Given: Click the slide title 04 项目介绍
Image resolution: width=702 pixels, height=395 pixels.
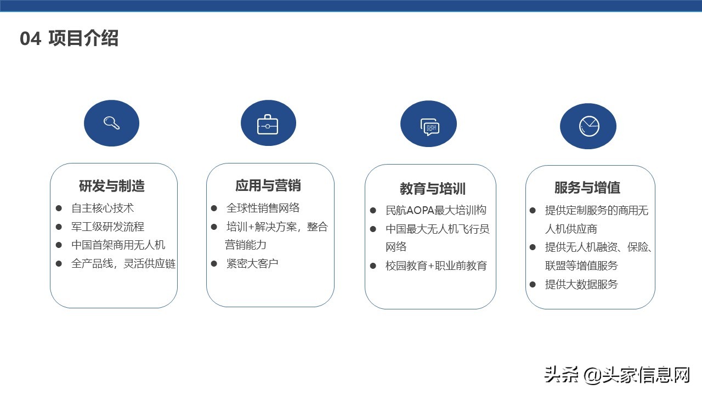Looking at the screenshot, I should click(x=69, y=39).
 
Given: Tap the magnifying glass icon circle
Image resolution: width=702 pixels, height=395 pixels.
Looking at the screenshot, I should click(x=111, y=123).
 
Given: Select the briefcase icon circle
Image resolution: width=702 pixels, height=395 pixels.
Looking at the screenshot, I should click(x=268, y=123).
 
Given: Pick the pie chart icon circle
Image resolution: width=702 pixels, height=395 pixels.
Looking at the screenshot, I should click(x=588, y=126).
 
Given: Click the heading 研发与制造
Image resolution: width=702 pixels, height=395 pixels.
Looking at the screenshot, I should click(x=112, y=186).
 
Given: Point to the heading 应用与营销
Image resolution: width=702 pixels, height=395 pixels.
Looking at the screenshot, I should click(x=268, y=185).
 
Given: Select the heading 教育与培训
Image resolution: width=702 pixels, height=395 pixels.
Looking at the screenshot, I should click(x=432, y=189).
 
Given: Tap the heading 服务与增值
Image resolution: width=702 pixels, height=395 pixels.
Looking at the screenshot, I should click(x=587, y=188).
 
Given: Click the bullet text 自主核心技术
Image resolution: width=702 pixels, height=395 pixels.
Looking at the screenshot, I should click(x=103, y=208).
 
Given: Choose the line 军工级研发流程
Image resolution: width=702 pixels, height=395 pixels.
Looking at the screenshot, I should click(x=107, y=227).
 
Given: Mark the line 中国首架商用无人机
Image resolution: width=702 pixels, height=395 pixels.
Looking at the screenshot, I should click(x=118, y=245).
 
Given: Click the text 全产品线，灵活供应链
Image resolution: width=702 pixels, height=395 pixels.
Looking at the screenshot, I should click(x=123, y=263).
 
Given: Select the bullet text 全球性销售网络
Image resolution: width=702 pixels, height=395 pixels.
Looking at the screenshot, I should click(x=263, y=208).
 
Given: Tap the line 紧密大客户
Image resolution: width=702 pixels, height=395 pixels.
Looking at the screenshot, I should click(x=252, y=263).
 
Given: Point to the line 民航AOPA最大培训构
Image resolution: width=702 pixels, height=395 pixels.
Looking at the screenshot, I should click(x=435, y=210).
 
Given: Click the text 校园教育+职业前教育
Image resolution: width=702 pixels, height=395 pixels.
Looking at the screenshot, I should click(x=436, y=266).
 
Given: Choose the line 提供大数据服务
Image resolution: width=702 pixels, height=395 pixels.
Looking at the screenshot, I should click(x=581, y=284).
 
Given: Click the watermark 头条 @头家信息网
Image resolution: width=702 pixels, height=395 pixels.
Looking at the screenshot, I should click(x=617, y=375).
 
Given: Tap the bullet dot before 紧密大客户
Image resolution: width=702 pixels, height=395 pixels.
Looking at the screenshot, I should click(x=214, y=263).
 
